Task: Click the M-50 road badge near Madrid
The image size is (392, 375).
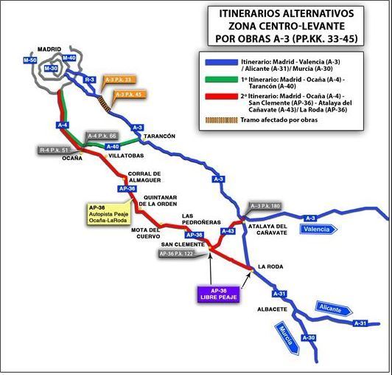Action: click(x=30, y=60)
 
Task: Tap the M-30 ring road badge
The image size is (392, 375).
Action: click(x=51, y=68)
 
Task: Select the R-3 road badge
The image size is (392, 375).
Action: click(x=89, y=80)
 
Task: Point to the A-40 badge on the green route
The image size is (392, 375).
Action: click(x=113, y=146)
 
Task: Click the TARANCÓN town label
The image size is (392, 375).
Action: click(x=159, y=137)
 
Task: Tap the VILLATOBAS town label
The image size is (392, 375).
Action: click(x=126, y=156)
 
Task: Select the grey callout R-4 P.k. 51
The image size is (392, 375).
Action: click(x=54, y=150)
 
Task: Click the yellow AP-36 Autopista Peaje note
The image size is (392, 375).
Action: click(x=109, y=214)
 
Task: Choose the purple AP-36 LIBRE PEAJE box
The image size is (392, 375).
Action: click(x=219, y=294)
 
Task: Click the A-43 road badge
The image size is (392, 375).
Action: click(x=228, y=231)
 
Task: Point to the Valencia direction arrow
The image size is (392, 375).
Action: click(x=319, y=230)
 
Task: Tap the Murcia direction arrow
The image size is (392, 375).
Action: click(x=287, y=338)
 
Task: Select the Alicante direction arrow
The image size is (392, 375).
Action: click(x=334, y=309)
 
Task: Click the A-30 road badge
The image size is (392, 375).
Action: click(x=309, y=337)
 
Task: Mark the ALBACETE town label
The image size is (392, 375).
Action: click(x=272, y=309)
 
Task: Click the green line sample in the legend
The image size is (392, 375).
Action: click(x=222, y=80)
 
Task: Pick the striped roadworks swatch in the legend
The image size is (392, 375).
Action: click(x=222, y=120)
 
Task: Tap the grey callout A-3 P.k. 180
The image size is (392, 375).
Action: click(x=265, y=206)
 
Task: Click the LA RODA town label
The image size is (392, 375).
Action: click(x=270, y=266)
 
